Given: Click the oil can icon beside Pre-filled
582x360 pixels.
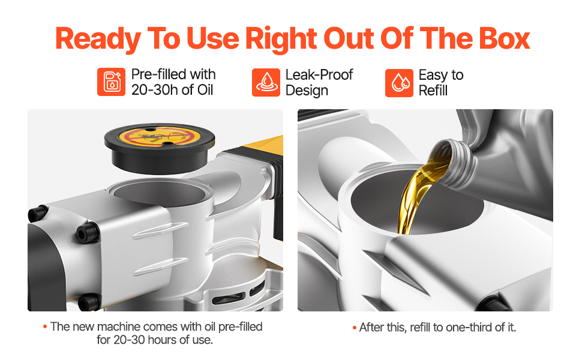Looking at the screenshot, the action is click(111, 82).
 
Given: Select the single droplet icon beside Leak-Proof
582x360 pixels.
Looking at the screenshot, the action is click(266, 82).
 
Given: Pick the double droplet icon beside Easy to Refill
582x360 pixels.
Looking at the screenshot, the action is click(399, 83).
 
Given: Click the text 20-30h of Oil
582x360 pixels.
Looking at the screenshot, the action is click(172, 90).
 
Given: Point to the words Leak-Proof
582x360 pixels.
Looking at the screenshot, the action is click(319, 74).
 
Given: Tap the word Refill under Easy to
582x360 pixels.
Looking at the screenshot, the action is click(433, 91).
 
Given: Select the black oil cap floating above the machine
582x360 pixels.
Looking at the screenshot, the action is click(160, 148).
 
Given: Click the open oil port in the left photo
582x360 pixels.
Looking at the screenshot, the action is click(160, 193).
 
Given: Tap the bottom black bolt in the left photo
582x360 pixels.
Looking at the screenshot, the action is click(89, 302).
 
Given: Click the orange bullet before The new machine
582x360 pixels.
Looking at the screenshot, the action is click(45, 326).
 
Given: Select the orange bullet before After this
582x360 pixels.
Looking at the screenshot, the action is click(355, 328).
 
